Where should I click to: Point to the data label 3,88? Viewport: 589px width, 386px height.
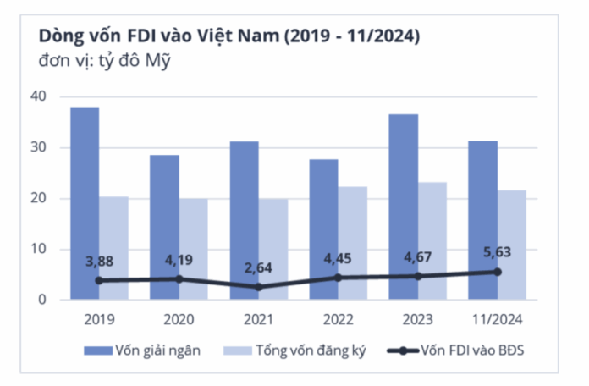click(100, 261)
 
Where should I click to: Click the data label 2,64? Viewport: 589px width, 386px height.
click(259, 269)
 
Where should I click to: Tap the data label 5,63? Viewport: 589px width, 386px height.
click(497, 252)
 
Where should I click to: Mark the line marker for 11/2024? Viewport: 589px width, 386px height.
click(498, 272)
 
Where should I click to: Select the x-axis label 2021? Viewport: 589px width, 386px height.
click(259, 319)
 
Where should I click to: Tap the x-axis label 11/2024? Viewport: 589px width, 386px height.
click(497, 319)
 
